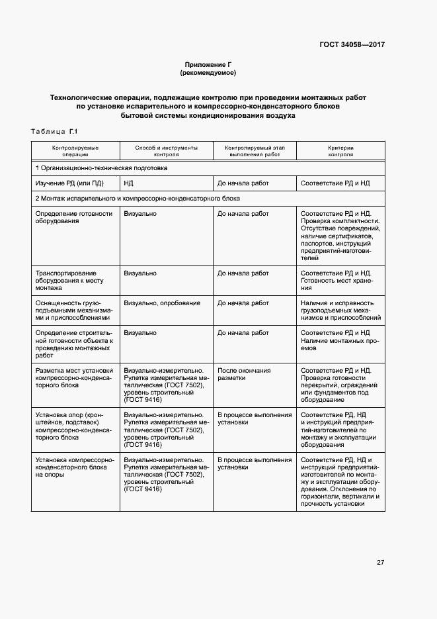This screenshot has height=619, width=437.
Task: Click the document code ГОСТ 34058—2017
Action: (352, 45)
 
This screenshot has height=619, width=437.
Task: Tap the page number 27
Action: (380, 562)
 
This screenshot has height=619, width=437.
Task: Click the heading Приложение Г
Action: (208, 64)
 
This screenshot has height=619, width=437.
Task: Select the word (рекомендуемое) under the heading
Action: (208, 72)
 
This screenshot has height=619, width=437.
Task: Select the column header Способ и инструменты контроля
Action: (166, 150)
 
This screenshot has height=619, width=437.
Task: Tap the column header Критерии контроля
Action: (340, 150)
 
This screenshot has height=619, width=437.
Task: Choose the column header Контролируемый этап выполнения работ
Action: (255, 150)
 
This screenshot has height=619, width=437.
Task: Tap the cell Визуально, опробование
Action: (162, 303)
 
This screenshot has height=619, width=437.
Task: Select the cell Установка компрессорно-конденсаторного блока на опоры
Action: (74, 467)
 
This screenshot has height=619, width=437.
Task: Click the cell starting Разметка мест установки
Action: (74, 377)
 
